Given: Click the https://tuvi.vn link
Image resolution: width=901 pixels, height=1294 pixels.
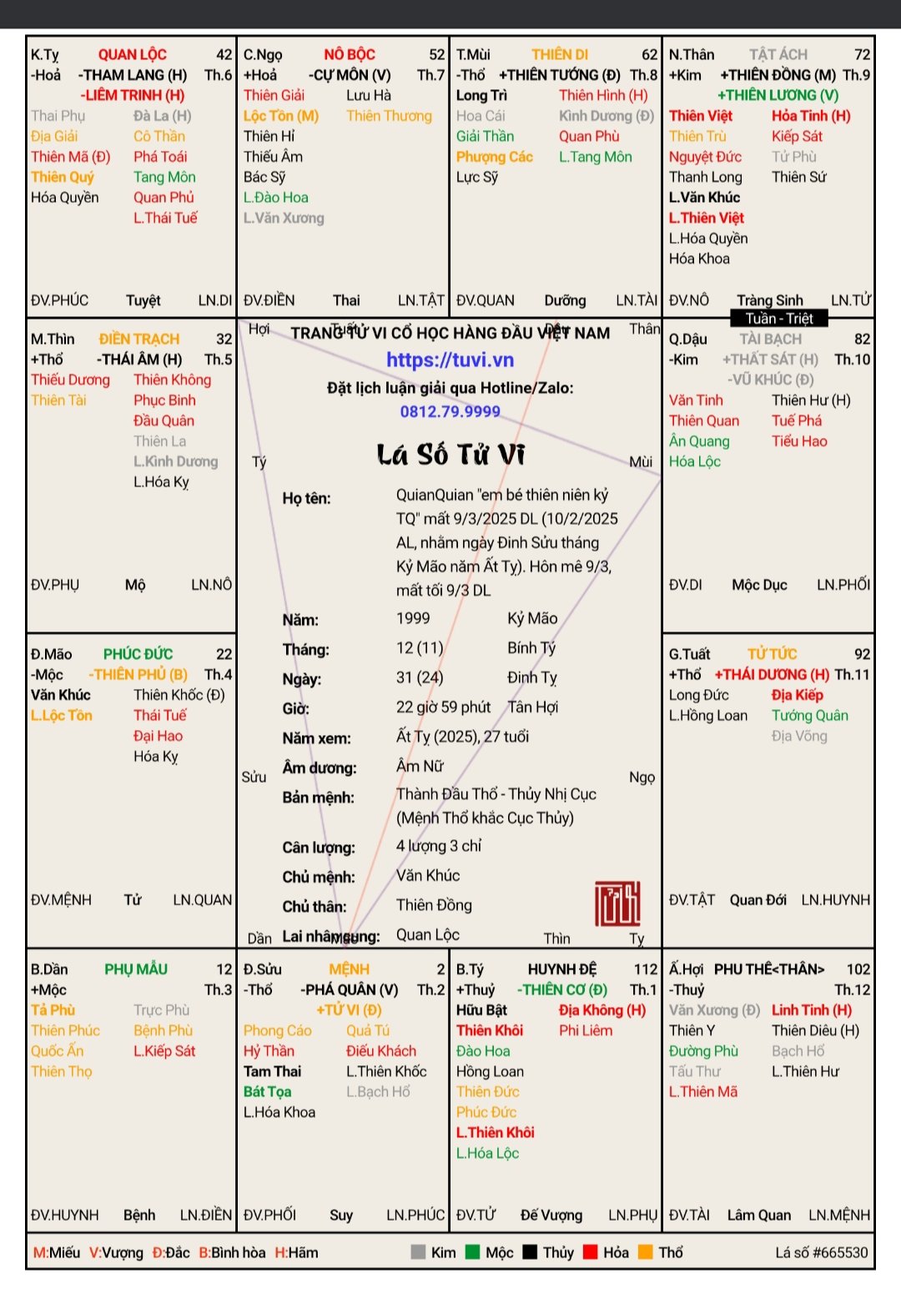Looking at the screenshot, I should coord(450,360).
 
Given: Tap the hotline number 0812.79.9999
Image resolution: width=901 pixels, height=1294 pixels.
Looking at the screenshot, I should coord(450,411).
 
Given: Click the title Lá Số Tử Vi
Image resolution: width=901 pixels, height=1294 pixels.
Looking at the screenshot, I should coord(450,455).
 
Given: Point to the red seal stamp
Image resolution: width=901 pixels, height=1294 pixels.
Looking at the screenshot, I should coord(617,904).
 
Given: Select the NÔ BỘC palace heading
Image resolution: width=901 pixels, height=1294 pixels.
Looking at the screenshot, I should coord(350,54).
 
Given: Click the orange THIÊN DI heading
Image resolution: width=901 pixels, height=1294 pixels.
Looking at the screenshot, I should coord(560,54).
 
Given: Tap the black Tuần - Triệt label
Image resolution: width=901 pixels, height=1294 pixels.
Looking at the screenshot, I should coord(779,318).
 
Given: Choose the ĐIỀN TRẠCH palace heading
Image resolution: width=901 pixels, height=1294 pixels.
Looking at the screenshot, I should coord(139,339).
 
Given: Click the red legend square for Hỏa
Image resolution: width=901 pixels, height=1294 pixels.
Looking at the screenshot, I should coord(591,1252).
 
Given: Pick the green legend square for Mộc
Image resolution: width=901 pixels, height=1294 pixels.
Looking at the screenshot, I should coord(472,1252).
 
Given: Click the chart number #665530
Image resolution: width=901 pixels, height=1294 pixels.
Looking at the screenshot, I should coord(821,1252).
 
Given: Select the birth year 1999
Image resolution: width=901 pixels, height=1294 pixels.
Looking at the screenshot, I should coord(413,618).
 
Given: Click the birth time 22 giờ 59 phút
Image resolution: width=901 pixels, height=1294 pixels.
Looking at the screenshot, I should coord(443,707).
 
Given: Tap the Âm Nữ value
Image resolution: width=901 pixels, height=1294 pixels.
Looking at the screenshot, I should coord(420,766).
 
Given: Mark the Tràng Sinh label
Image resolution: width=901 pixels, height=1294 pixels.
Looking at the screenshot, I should coord(769,300).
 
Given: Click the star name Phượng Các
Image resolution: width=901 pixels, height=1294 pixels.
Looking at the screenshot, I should coord(494,157).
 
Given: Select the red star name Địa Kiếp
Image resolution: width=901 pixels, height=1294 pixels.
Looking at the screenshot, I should coord(797,695).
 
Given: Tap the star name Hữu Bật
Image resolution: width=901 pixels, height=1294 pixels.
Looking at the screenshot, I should coord(481,1010).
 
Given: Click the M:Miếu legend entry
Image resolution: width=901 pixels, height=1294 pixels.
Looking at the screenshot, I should coord(57,1252).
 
